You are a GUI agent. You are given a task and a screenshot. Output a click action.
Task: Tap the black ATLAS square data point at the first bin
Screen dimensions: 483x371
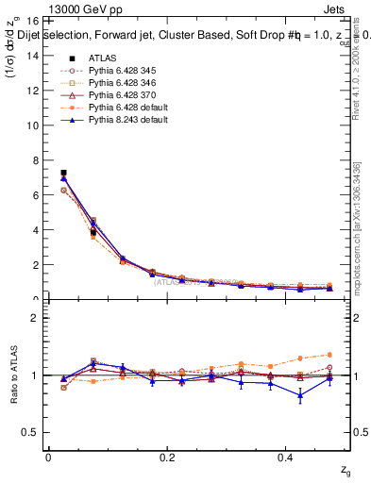[63, 173]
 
